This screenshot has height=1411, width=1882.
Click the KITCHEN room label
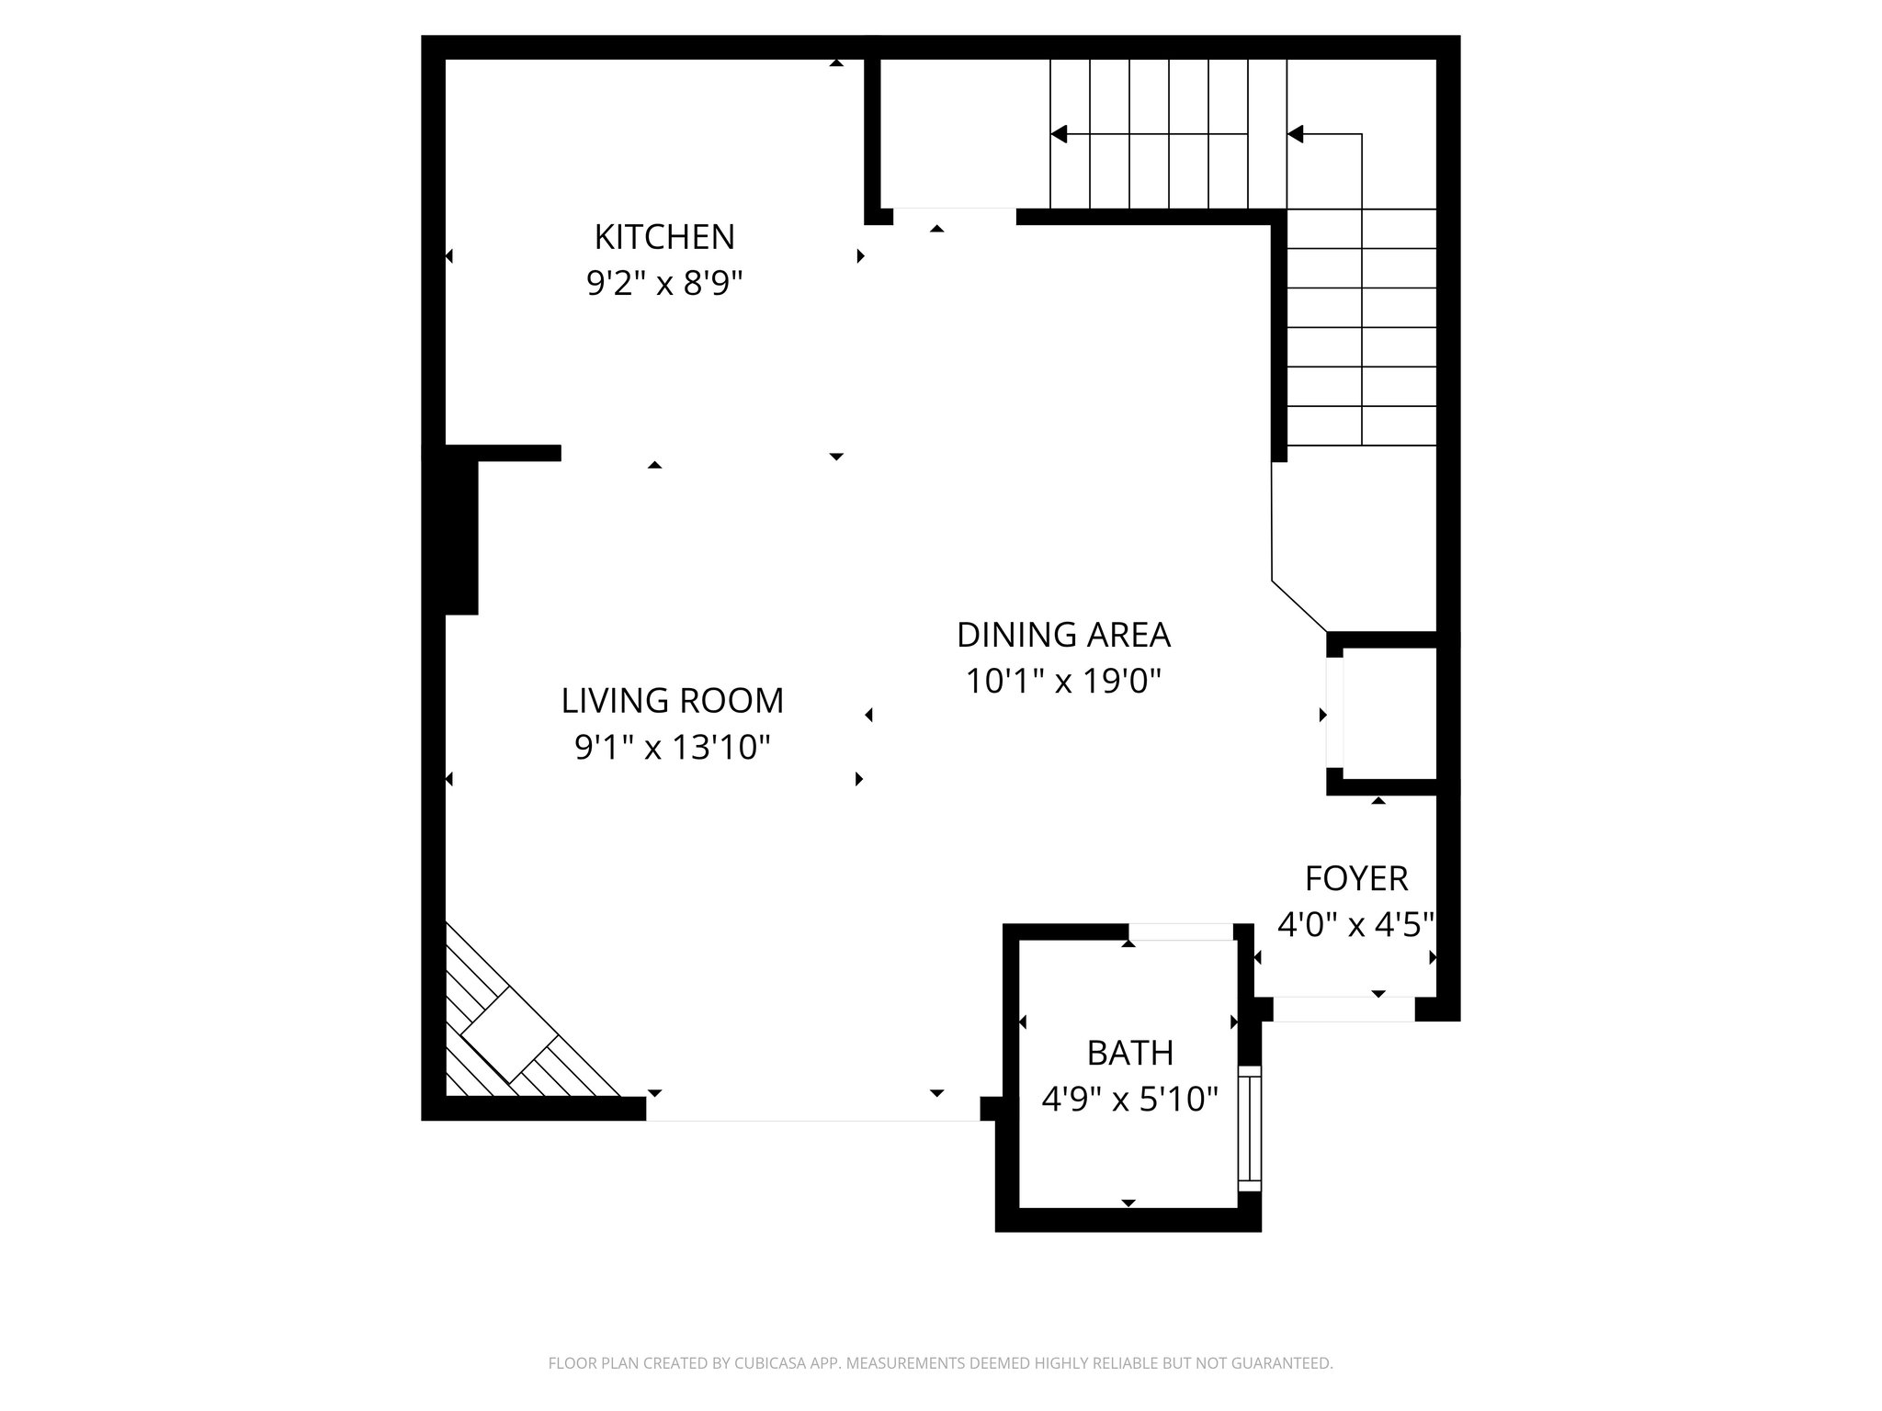[x=664, y=237]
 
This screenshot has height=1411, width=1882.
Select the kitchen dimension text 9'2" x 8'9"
[x=664, y=284]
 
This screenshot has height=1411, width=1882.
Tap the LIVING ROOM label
[x=673, y=701]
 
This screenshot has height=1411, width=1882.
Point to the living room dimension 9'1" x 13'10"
[x=673, y=748]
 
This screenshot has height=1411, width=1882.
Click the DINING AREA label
[x=1063, y=635]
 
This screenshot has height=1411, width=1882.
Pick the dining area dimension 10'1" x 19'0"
[x=1063, y=682]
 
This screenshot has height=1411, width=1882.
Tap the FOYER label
[x=1356, y=879]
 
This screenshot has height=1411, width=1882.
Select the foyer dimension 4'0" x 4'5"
[x=1356, y=925]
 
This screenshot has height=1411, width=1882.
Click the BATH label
[x=1129, y=1053]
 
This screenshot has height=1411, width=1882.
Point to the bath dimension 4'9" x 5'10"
[x=1129, y=1099]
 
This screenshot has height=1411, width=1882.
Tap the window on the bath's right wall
[x=1250, y=1128]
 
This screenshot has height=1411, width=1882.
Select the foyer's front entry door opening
[x=1343, y=1009]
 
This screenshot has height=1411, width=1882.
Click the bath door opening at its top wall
[x=1181, y=932]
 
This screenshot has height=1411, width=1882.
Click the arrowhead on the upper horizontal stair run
[x=1059, y=134]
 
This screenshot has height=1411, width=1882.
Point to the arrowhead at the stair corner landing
[x=1296, y=134]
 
